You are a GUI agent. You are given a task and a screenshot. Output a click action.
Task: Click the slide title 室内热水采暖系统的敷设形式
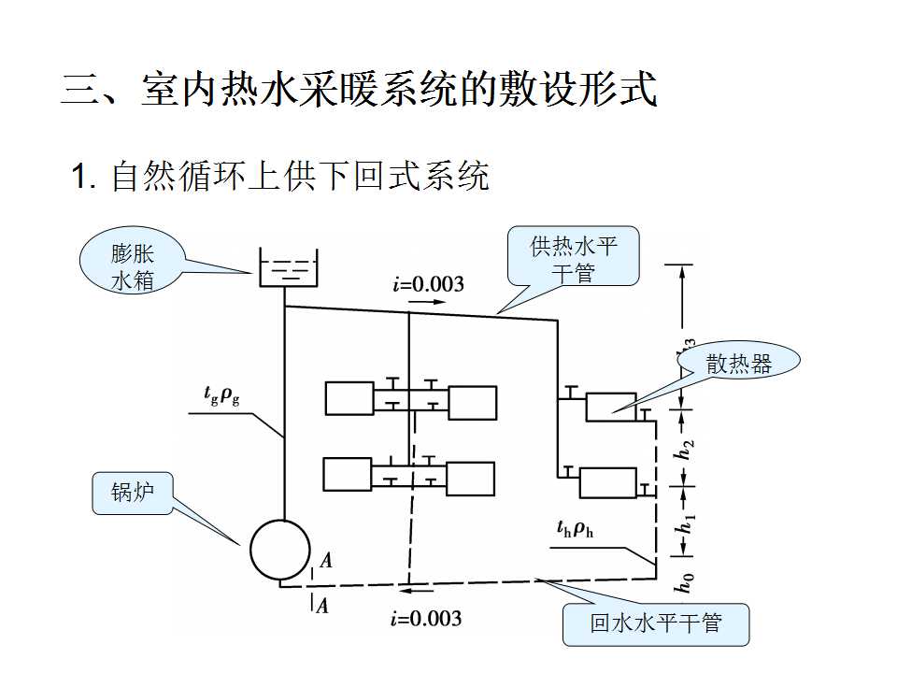click(360, 91)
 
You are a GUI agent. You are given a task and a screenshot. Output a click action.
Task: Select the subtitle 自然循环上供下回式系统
click(280, 176)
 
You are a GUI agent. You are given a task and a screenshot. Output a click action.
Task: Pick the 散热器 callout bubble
click(738, 365)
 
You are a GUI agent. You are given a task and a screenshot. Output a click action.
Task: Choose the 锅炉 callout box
click(132, 494)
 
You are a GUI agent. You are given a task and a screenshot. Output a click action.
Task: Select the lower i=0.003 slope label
click(426, 619)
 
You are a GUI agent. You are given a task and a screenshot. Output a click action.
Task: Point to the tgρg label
click(221, 395)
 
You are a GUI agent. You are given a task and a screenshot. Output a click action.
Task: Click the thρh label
click(576, 530)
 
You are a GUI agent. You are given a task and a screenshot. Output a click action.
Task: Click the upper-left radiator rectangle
click(349, 398)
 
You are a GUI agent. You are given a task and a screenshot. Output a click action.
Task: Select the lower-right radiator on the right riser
click(607, 482)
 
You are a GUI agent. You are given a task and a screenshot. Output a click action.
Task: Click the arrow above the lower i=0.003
click(419, 591)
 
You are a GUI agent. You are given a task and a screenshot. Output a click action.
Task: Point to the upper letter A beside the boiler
click(325, 561)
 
